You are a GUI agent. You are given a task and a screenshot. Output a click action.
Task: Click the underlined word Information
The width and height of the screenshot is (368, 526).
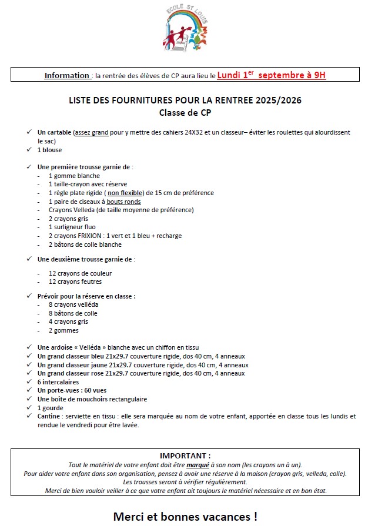tap(67, 76)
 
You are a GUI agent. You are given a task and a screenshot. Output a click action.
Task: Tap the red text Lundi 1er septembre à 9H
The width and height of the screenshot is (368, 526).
tap(271, 75)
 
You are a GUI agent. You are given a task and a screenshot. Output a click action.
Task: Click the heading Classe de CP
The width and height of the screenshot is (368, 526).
tap(183, 112)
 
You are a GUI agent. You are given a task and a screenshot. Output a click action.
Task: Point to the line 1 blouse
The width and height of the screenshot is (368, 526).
tap(49, 150)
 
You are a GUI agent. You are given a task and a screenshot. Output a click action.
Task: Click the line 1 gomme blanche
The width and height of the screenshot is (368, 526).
tap(74, 176)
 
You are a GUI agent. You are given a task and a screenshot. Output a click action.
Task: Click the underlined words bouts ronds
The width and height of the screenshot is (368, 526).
tap(123, 202)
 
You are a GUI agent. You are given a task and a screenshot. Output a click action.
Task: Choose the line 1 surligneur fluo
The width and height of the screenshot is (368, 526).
tap(72, 227)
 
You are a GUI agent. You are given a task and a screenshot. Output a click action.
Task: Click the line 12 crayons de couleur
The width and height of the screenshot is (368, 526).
tap(80, 273)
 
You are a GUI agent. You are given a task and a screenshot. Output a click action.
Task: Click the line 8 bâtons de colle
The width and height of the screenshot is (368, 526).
tap(73, 313)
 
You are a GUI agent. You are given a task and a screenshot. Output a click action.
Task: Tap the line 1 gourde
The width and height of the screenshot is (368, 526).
tap(50, 407)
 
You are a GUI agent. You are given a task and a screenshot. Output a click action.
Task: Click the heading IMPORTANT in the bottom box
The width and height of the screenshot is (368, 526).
tap(185, 455)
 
